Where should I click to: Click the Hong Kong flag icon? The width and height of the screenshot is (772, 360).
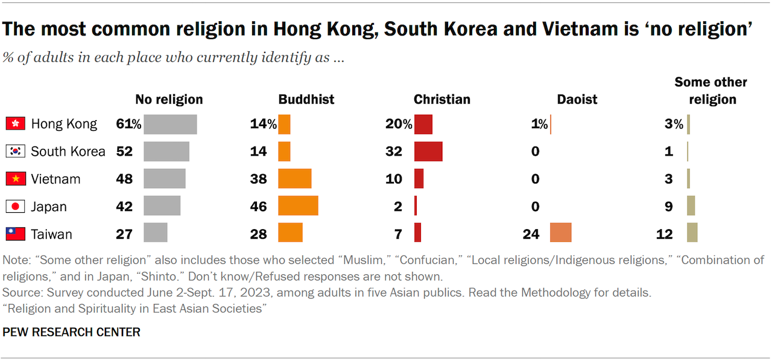tap(14, 124)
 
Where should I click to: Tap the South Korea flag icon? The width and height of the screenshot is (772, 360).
tap(14, 151)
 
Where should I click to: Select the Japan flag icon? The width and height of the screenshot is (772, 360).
tap(14, 206)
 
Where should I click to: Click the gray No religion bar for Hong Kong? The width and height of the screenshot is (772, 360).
tap(170, 124)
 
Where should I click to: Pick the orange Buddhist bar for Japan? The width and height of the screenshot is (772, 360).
tap(298, 206)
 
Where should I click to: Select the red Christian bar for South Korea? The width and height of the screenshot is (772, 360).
tap(428, 151)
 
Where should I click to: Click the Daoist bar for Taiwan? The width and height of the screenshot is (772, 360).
tap(560, 233)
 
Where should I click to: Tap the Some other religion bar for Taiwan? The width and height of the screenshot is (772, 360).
tap(692, 233)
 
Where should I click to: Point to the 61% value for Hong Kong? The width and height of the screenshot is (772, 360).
tap(128, 124)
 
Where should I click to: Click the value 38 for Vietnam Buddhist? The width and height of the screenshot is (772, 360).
tap(258, 179)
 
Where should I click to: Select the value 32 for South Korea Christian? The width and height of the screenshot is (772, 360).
tap(394, 151)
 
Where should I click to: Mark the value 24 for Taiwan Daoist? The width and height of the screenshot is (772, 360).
tap(531, 233)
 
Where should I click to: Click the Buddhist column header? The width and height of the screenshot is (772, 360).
tap(306, 99)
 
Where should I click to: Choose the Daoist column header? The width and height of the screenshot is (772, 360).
tap(578, 99)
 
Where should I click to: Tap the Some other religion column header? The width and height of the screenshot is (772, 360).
tap(710, 90)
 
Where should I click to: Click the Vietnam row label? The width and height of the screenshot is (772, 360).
tap(55, 179)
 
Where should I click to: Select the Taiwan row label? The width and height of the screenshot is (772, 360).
tap(51, 234)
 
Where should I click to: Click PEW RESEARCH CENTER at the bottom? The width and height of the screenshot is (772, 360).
tap(71, 332)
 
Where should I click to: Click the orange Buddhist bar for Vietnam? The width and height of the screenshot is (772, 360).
tap(294, 179)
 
